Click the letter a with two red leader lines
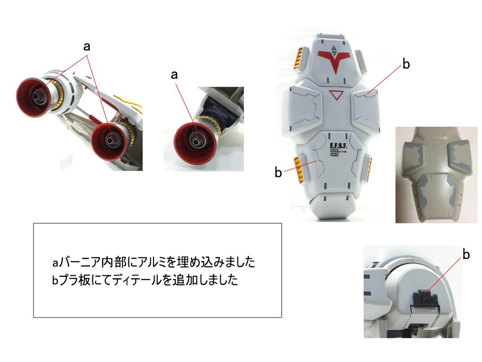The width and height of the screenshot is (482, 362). (x=87, y=47)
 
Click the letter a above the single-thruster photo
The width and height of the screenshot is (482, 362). (x=175, y=75)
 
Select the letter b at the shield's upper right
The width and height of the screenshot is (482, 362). (x=405, y=65)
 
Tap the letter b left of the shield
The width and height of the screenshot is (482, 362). (x=278, y=173)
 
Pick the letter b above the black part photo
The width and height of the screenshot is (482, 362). (x=466, y=255)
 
